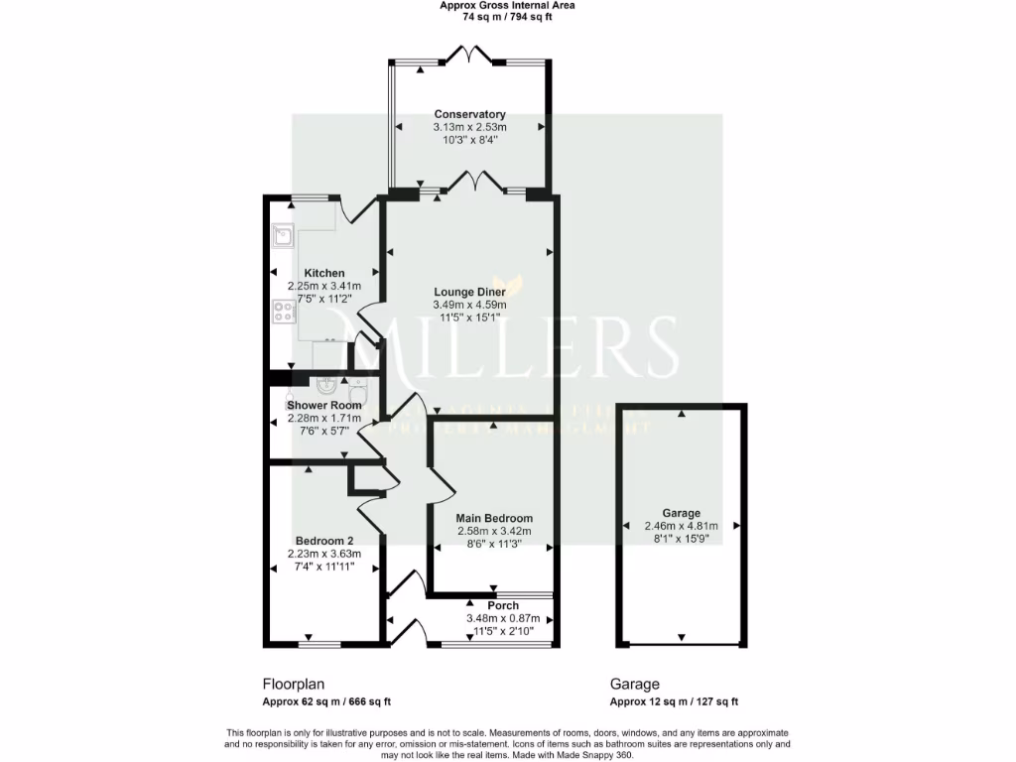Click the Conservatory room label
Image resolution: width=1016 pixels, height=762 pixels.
click(469, 114)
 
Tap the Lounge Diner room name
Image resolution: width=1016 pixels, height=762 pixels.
click(469, 292)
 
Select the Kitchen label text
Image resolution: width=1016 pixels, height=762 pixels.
click(324, 273)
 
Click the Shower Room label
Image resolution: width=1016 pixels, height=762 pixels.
click(323, 405)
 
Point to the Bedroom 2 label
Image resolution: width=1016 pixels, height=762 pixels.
click(323, 541)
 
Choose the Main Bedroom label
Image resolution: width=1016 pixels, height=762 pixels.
click(494, 518)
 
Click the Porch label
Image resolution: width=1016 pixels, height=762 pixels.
click(503, 605)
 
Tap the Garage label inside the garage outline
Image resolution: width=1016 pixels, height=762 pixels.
click(681, 513)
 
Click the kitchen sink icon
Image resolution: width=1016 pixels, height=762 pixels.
click(282, 235)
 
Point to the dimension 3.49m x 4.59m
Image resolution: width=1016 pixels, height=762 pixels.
click(469, 306)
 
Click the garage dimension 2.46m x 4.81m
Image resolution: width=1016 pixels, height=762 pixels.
click(681, 526)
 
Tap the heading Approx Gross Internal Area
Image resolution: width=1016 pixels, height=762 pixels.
click(507, 5)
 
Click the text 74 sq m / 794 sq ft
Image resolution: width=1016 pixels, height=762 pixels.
click(507, 17)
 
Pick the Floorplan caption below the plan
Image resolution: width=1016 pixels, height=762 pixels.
click(293, 685)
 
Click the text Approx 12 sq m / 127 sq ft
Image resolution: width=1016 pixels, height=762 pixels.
click(674, 701)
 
